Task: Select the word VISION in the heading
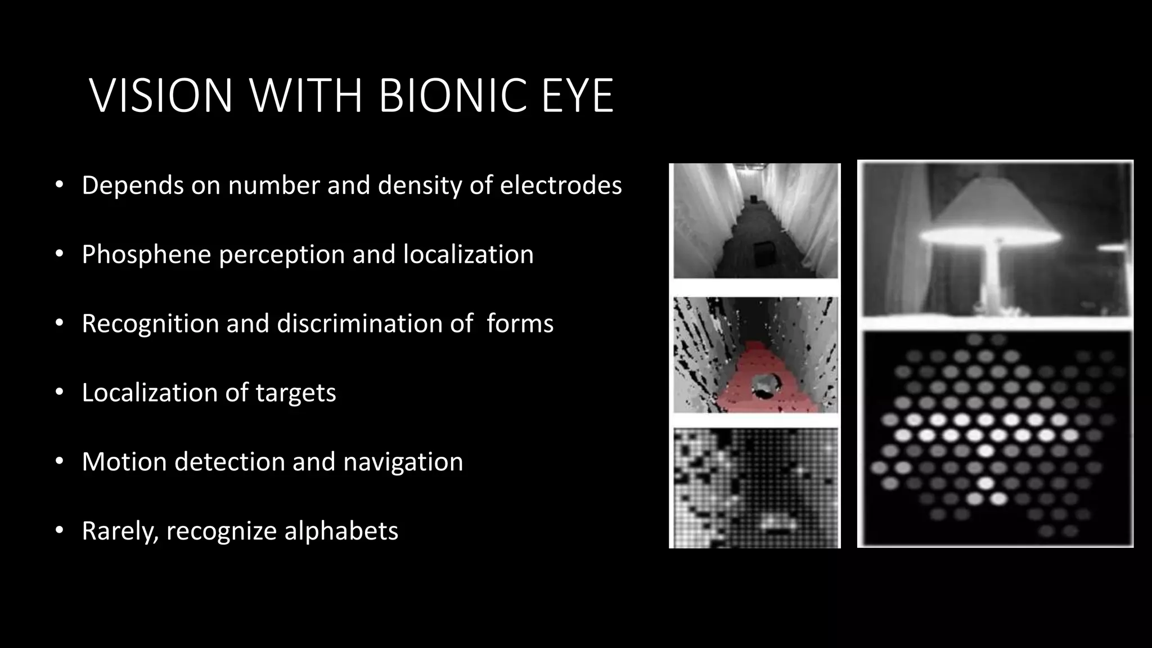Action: (x=161, y=96)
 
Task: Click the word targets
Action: (x=296, y=393)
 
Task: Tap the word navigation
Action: (x=403, y=462)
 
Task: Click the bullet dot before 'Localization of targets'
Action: (x=59, y=393)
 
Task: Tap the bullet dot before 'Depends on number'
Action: (x=59, y=185)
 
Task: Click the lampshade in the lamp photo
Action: (x=993, y=217)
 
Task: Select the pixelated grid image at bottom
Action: (x=755, y=488)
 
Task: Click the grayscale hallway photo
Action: (x=755, y=220)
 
